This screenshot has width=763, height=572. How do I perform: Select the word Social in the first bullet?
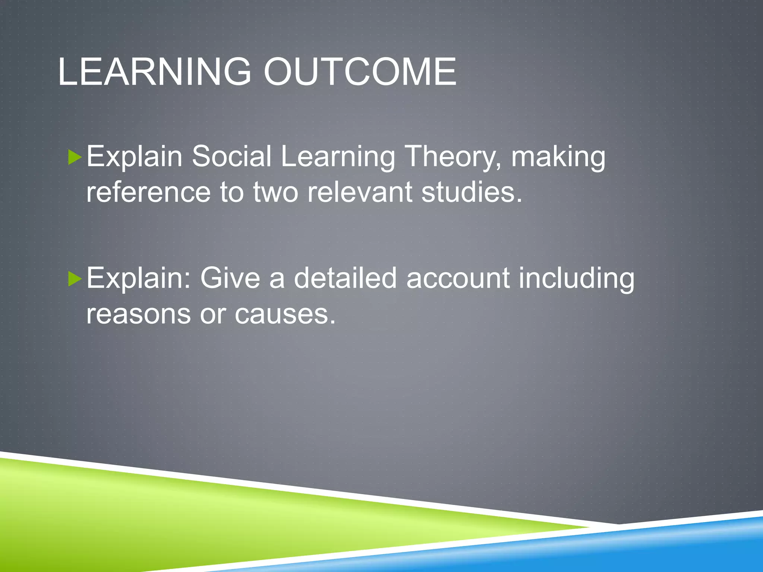coord(231,156)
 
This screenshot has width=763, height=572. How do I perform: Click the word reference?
coord(148,192)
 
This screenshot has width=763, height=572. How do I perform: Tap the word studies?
coord(472,192)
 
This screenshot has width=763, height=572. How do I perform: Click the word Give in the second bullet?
coord(230,278)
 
